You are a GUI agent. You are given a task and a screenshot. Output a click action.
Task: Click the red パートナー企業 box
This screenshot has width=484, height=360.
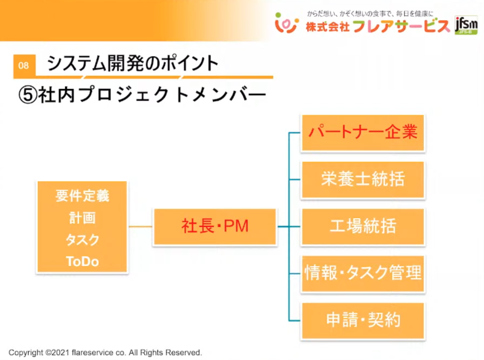363,132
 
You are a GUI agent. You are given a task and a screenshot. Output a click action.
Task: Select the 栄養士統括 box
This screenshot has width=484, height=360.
363,180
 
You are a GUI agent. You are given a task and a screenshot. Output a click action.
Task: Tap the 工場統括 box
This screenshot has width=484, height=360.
363,226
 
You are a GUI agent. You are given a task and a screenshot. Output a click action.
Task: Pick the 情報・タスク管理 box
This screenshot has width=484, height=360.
363,273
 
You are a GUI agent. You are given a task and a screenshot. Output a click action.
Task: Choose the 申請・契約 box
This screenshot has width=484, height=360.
363,320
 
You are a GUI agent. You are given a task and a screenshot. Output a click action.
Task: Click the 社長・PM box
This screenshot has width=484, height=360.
215,226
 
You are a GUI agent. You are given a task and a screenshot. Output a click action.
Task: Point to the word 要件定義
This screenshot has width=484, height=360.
82,195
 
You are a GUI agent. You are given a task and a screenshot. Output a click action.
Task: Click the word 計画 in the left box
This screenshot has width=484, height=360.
82,217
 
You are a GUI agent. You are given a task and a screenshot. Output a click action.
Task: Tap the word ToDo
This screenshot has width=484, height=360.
82,261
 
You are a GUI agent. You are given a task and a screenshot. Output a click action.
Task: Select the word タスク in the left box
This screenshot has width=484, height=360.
82,240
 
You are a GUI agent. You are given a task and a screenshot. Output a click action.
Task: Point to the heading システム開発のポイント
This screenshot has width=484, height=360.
133,64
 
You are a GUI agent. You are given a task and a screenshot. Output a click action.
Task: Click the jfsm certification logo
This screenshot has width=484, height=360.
466,25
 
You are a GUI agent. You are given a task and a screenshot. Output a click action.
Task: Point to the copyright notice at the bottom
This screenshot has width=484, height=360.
105,352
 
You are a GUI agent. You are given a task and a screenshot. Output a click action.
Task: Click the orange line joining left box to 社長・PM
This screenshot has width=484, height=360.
140,227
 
